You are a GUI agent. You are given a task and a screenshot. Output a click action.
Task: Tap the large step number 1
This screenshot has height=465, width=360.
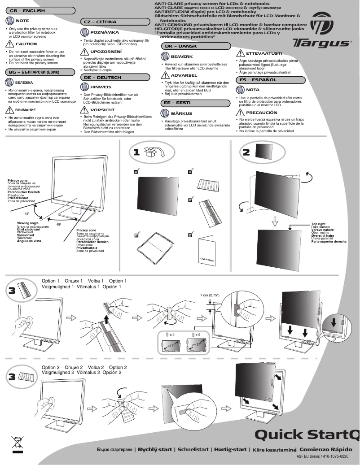[x=136, y=152]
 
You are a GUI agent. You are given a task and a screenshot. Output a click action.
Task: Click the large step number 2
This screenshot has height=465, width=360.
[x=246, y=152]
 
